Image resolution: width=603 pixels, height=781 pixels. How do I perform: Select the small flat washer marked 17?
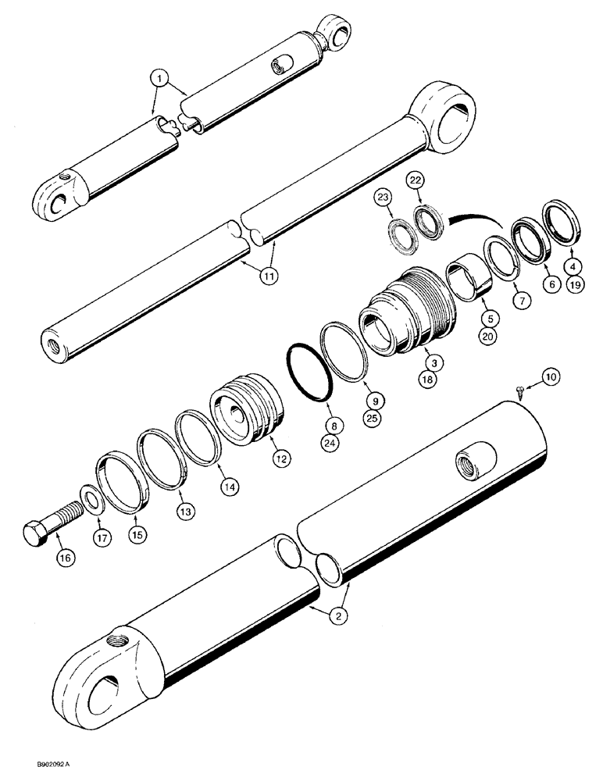pos(88,500)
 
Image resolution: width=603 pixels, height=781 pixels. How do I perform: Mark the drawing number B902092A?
pos(32,768)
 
